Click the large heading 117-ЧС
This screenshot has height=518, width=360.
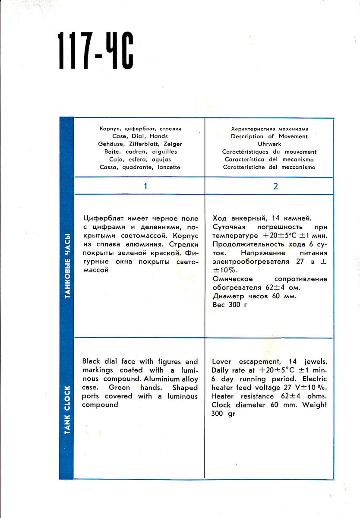95,51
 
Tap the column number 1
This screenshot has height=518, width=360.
145,186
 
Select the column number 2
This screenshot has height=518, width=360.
275,186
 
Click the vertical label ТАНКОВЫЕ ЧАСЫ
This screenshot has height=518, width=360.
67,265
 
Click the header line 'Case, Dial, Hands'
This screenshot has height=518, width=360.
140,136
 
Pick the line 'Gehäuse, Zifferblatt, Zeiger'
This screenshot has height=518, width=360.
140,144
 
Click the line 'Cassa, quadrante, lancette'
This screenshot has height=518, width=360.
140,167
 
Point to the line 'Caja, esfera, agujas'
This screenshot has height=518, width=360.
140,160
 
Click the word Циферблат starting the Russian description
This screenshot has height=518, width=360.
101,218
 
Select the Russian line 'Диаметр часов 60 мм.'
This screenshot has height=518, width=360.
255,296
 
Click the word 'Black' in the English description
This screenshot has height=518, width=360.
91,362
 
